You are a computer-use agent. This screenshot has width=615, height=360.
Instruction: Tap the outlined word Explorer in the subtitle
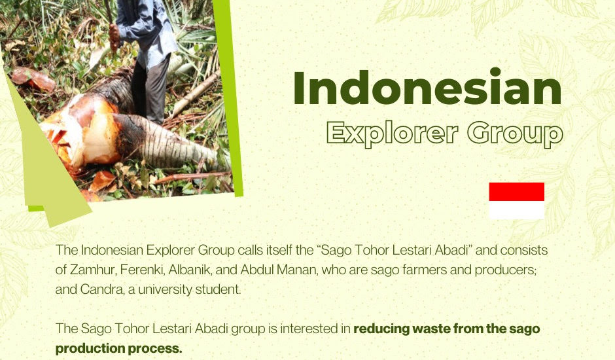point(392,133)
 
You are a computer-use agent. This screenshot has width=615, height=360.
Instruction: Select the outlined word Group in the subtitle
point(515,133)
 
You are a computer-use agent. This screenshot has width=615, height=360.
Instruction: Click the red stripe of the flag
point(517,192)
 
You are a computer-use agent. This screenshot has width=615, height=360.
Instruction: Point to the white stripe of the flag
point(517,210)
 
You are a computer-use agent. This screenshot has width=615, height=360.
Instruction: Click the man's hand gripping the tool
point(114,36)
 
